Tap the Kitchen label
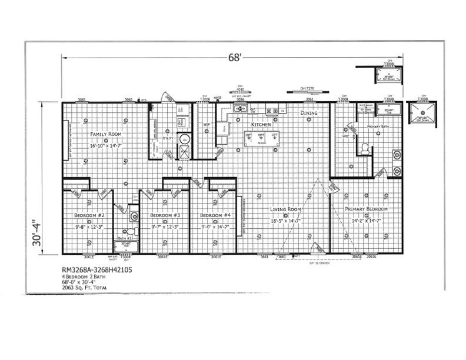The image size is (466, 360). tap(261, 125)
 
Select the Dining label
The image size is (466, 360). tap(309, 113)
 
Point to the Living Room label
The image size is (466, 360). tap(286, 209)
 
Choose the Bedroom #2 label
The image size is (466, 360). tap(89, 215)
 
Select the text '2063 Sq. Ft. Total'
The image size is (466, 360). tap(84, 289)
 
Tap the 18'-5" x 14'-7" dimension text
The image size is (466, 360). tap(286, 220)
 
